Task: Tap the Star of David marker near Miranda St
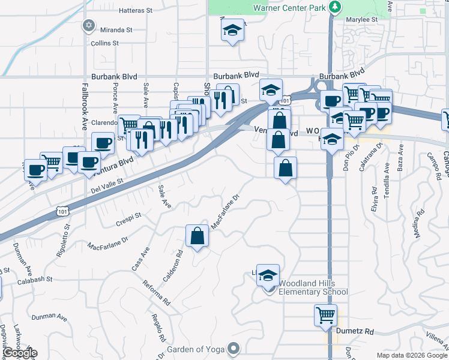(89, 26)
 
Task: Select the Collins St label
(105, 43)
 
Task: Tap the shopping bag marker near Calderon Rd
(197, 236)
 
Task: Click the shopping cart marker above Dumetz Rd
(325, 314)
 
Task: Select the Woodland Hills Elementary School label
(309, 292)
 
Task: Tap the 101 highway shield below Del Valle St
(62, 210)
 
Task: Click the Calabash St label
(35, 280)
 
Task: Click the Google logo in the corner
(19, 353)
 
